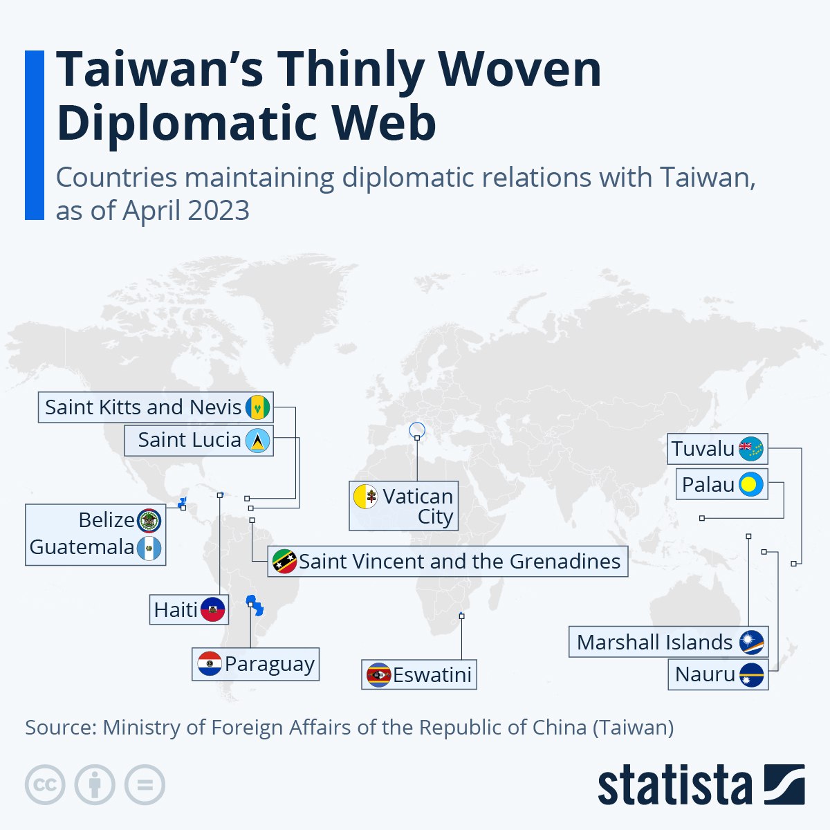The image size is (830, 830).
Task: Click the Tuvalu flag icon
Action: click(x=750, y=450)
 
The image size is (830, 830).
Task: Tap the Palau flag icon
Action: click(x=750, y=485)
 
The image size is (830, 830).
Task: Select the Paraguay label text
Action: click(x=270, y=664)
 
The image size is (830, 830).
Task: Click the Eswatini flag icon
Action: click(x=378, y=674)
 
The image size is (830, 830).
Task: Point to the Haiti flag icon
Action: click(x=213, y=609)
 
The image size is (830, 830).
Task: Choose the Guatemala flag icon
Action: click(x=149, y=548)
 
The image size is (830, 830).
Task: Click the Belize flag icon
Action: click(x=149, y=520)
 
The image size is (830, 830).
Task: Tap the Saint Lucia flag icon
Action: click(x=257, y=441)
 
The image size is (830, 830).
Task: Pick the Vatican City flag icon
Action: click(x=365, y=497)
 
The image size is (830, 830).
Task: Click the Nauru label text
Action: click(x=705, y=674)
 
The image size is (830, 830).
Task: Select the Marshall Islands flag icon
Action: click(x=750, y=643)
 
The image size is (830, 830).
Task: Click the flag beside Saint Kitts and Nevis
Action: click(x=257, y=407)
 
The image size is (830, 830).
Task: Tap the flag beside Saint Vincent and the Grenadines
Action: click(x=284, y=561)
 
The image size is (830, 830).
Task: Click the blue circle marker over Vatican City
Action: click(x=417, y=431)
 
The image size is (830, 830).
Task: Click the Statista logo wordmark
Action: click(x=675, y=786)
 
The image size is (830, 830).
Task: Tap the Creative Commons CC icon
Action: click(x=45, y=785)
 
